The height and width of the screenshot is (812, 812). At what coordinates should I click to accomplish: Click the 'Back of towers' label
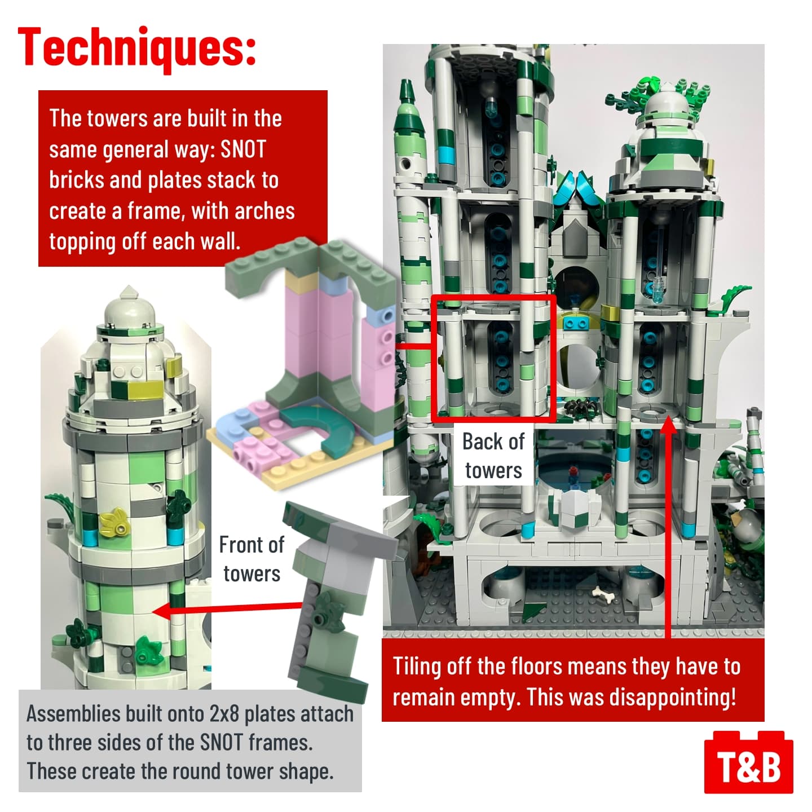pos(493,456)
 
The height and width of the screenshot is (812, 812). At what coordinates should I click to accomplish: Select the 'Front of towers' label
pos(251,559)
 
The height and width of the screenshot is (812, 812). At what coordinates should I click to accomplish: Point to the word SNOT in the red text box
pos(243,149)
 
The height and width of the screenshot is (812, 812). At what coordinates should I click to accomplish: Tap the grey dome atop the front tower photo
pos(129,310)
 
